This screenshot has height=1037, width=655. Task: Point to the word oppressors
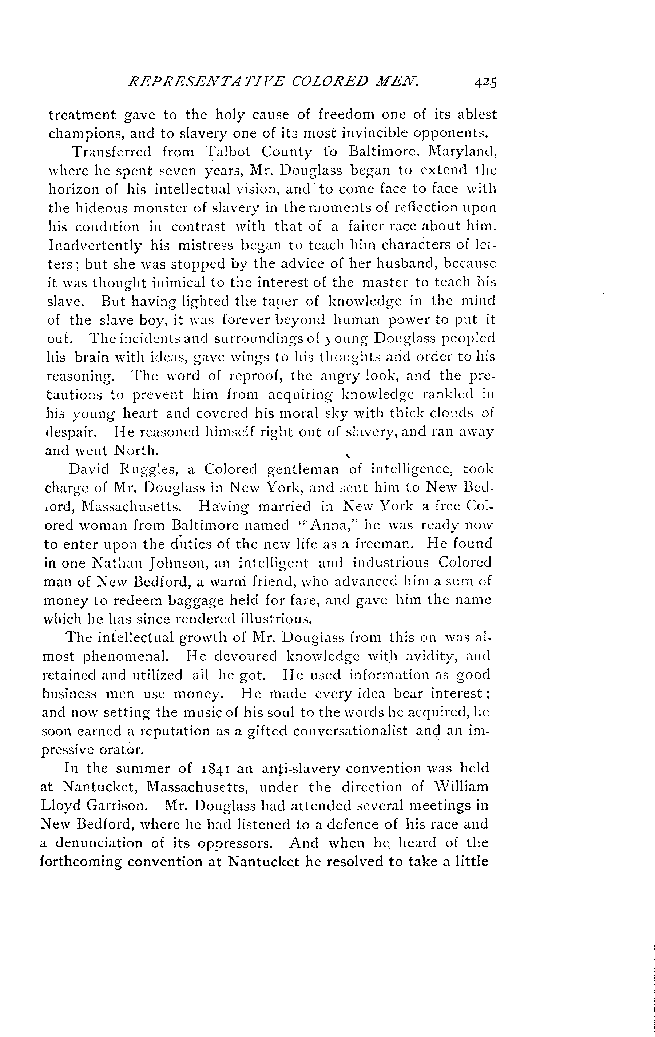[x=235, y=843]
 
